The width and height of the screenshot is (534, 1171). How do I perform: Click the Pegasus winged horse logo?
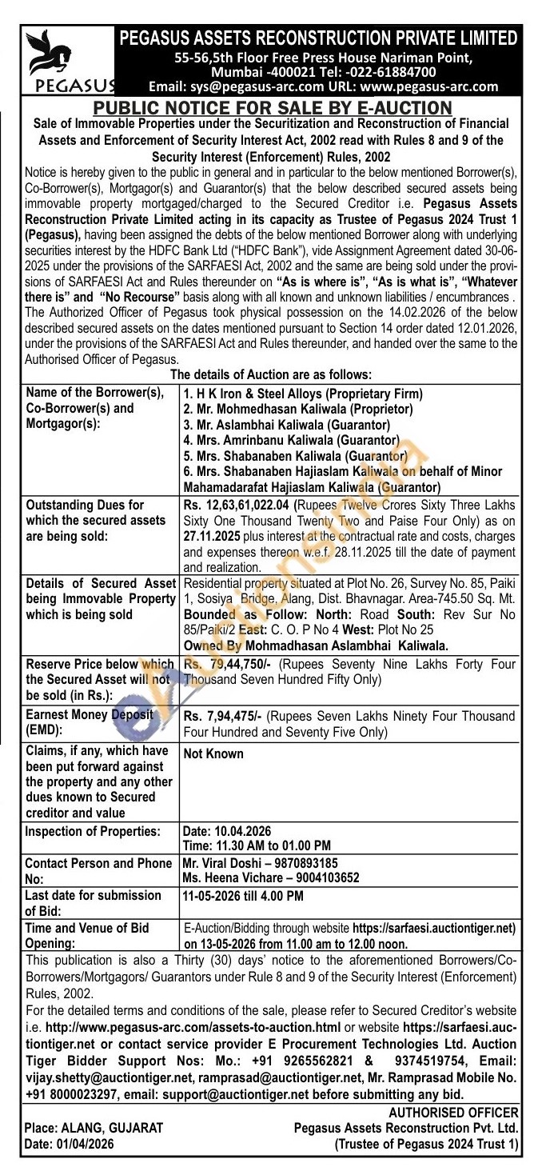(48, 54)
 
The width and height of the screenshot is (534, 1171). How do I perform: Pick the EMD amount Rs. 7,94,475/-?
(220, 713)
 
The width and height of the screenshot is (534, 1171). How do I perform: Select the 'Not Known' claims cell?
(213, 753)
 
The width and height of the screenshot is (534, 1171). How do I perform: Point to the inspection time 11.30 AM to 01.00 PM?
(257, 845)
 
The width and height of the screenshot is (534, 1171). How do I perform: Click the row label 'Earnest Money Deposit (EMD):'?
(89, 721)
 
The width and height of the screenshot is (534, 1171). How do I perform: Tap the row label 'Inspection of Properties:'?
(93, 830)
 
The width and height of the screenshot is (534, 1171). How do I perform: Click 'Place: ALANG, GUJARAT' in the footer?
(94, 1128)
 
